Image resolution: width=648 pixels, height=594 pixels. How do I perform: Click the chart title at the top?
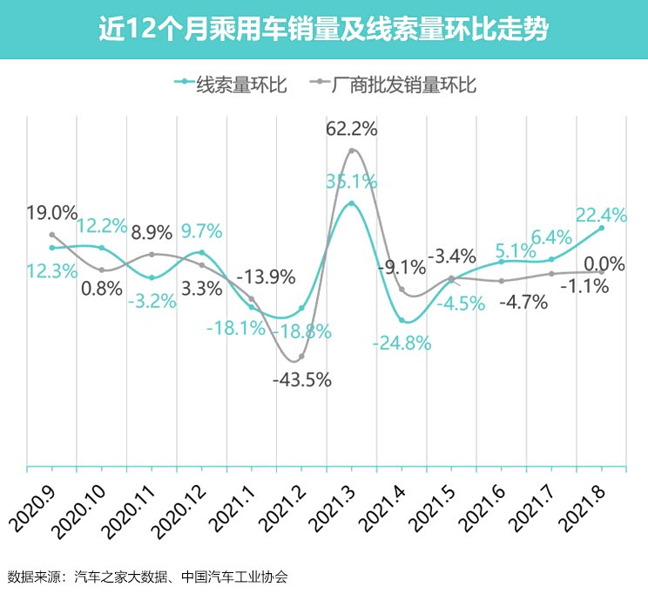coord(323,30)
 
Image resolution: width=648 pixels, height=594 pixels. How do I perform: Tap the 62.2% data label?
coord(351,129)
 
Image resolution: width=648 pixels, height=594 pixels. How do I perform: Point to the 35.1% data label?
coord(351,181)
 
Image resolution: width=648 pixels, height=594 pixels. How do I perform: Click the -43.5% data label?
coord(301,380)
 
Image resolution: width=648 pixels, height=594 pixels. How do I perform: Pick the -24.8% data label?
coord(402,343)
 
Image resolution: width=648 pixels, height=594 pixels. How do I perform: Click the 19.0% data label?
coord(51,213)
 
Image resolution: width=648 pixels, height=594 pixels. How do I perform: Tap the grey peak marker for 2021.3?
coord(352,151)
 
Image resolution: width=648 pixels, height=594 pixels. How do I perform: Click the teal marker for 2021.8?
coord(601,229)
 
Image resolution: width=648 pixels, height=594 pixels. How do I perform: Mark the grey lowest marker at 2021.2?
coord(301,357)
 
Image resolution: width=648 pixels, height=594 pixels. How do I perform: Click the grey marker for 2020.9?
coord(52,235)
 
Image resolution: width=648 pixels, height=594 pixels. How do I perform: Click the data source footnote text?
coord(148,577)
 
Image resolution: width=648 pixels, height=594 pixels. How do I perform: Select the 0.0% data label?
coord(603,263)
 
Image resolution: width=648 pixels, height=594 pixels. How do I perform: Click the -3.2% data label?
coord(152,302)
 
